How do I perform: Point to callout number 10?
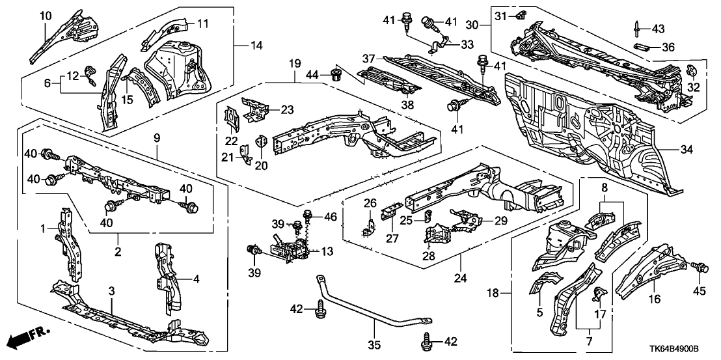[46, 15]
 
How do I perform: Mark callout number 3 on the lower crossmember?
[112, 290]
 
